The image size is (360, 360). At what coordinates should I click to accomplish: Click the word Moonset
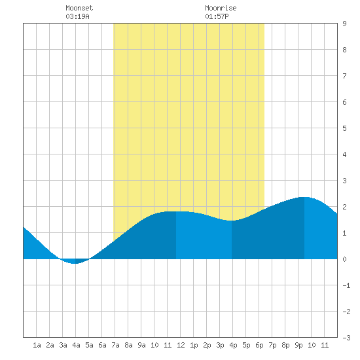(x=79, y=8)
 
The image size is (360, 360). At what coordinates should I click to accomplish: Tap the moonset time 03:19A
(x=77, y=16)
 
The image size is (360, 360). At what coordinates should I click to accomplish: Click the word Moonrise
(x=221, y=8)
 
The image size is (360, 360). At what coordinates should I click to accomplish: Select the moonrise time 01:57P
(x=217, y=16)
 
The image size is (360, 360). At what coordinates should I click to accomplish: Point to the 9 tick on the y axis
(x=344, y=24)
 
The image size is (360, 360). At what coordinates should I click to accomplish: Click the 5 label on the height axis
(x=344, y=128)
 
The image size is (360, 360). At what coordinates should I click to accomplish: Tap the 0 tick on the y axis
(x=344, y=259)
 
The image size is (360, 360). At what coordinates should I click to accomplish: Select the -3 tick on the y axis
(x=346, y=338)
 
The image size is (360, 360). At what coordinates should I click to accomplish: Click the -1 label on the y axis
(x=346, y=285)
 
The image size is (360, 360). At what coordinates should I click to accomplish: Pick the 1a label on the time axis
(x=37, y=345)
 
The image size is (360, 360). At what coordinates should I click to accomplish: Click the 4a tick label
(x=76, y=345)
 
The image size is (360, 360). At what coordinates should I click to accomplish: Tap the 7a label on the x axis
(x=115, y=345)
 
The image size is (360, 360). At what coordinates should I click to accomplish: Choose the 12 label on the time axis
(x=181, y=345)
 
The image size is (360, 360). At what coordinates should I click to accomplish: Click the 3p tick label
(x=220, y=345)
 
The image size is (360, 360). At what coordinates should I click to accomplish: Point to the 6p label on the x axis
(x=259, y=345)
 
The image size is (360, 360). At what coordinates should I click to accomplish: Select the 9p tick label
(x=298, y=345)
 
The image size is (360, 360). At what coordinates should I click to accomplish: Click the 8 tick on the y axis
(x=344, y=50)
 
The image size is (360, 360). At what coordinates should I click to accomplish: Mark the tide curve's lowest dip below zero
(x=75, y=263)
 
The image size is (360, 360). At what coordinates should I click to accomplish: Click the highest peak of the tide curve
(x=304, y=197)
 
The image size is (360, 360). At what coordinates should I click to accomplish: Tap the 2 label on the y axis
(x=344, y=207)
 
